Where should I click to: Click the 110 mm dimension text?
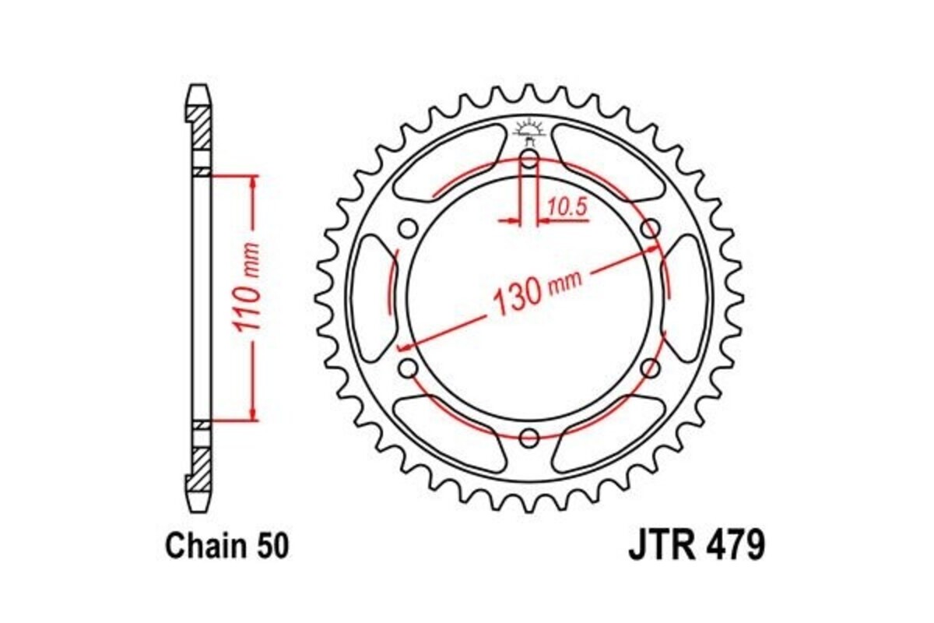(250, 297)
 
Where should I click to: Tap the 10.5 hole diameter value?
(566, 207)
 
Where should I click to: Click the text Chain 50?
(226, 546)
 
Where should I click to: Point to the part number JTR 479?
(697, 546)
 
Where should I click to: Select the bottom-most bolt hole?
(528, 437)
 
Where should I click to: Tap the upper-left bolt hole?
(407, 229)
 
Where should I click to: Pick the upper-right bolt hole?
(650, 229)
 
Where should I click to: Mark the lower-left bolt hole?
(407, 368)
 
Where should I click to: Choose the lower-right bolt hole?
(650, 368)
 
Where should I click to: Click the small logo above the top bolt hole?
(528, 128)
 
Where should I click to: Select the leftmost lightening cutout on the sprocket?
(373, 298)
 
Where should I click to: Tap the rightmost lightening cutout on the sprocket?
(684, 298)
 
